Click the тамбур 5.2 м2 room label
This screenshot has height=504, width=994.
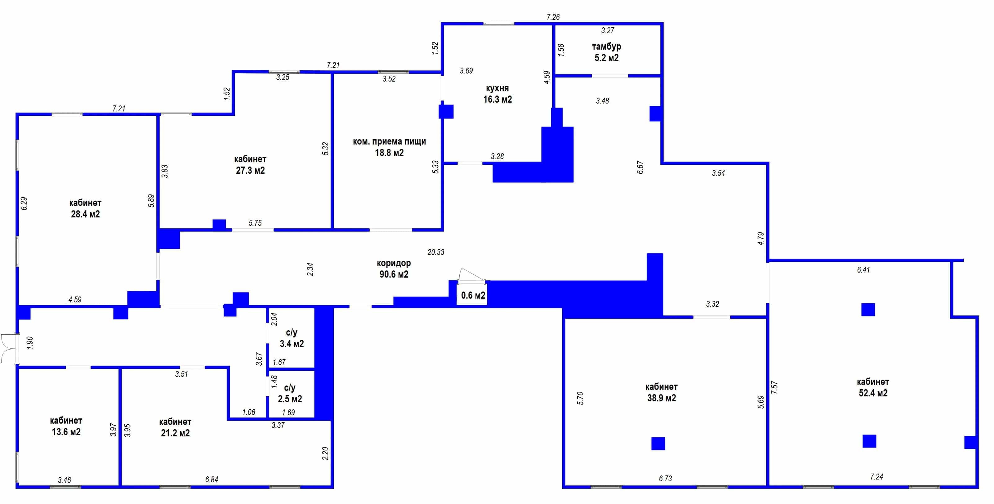[606, 52]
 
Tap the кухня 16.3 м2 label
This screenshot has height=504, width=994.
[497, 94]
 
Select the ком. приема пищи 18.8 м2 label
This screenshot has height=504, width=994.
[389, 147]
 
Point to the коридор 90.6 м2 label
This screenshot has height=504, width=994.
[394, 269]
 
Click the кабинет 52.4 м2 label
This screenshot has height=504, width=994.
[873, 387]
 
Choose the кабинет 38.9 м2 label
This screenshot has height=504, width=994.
[662, 392]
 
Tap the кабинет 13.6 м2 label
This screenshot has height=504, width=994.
[66, 426]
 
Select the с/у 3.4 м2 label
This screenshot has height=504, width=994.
[292, 338]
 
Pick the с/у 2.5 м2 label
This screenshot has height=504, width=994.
[290, 393]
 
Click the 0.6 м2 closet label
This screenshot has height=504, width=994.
[473, 295]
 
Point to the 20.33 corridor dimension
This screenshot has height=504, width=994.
[436, 252]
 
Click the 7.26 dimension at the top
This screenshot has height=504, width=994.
[553, 17]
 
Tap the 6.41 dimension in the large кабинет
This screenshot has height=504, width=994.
[863, 270]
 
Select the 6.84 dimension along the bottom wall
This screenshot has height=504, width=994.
[212, 479]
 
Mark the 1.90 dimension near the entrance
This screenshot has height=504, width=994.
[30, 343]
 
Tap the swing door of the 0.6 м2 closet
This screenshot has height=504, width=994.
[471, 275]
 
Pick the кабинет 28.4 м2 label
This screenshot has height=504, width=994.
[85, 208]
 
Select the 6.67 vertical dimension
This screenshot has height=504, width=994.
[640, 167]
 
